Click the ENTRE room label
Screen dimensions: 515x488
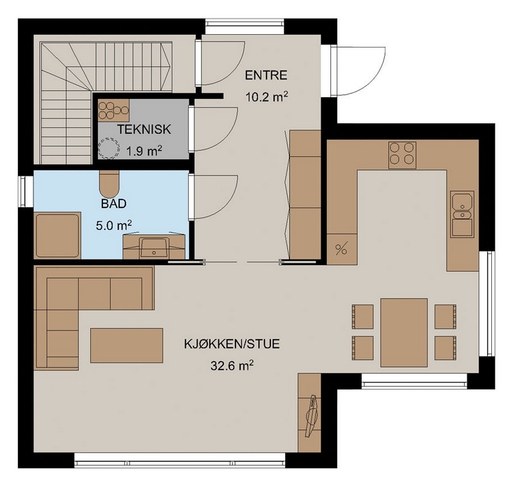266,75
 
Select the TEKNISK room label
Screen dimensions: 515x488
144,129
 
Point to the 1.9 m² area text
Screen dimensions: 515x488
144,151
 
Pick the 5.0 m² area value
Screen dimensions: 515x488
114,225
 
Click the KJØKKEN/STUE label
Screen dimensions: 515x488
232,344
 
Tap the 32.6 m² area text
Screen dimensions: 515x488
232,365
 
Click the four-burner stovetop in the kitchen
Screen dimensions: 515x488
402,155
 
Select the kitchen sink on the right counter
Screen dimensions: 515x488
462,214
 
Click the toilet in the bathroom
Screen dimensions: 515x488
109,185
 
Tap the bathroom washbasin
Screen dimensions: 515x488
154,247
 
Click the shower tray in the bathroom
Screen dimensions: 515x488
57,236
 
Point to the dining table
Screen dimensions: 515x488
404,332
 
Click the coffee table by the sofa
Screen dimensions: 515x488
126,346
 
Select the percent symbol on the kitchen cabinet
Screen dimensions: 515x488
341,249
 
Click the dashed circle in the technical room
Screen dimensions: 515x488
109,149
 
